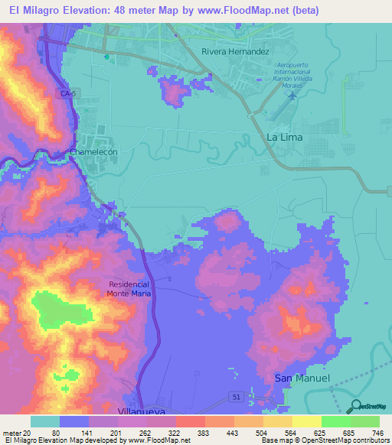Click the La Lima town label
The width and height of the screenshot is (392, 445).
(284, 137)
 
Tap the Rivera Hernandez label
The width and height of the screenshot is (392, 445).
(234, 52)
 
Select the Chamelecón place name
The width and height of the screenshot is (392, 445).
(93, 152)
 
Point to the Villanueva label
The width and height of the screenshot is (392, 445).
(139, 411)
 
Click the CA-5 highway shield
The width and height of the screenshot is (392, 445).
(67, 93)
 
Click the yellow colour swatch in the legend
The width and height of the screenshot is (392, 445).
(306, 421)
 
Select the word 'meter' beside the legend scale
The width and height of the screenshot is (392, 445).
(11, 433)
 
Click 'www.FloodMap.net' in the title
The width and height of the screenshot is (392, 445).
(240, 11)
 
